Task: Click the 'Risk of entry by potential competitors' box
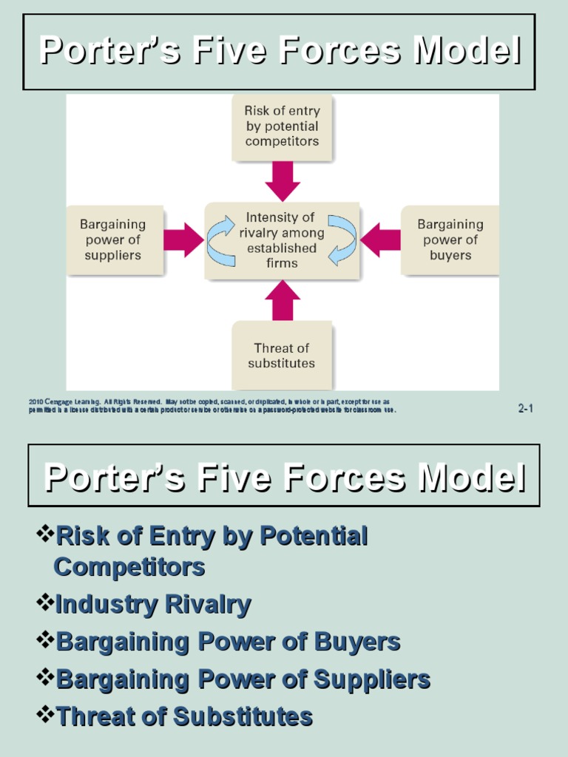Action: (x=282, y=126)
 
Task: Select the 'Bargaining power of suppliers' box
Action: (x=113, y=240)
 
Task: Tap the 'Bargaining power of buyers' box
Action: (x=450, y=240)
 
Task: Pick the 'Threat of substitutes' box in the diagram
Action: (x=282, y=356)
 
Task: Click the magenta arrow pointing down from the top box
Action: (x=283, y=180)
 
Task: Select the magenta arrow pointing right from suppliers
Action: (x=183, y=240)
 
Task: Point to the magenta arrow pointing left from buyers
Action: (x=380, y=240)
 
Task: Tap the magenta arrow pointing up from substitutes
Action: (x=283, y=300)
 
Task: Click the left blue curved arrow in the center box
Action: (x=221, y=240)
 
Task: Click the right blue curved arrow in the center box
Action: (x=342, y=240)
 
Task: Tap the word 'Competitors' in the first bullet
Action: (x=129, y=568)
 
